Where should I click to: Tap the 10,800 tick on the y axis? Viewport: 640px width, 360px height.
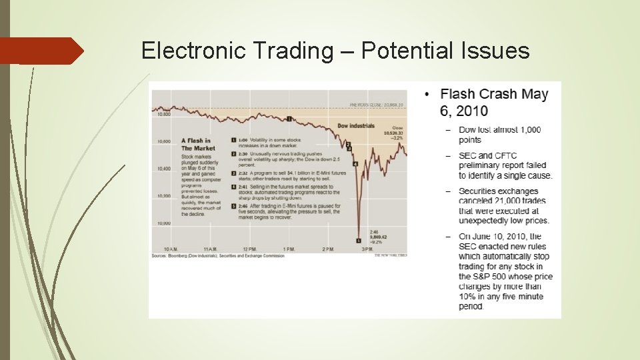point(163,114)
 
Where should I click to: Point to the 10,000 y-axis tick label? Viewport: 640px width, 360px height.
point(163,224)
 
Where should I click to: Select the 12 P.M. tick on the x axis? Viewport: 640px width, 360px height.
point(249,249)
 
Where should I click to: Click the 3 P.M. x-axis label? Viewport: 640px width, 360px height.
point(367,249)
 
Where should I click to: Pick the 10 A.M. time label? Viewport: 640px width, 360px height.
point(171,249)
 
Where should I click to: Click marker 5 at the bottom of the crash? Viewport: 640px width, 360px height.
point(358,241)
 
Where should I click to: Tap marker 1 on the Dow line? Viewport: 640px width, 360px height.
point(289,119)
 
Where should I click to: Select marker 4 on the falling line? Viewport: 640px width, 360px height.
point(355,163)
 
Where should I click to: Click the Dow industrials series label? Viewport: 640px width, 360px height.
point(356,126)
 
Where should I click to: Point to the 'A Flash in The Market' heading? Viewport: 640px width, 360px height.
point(196,144)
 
